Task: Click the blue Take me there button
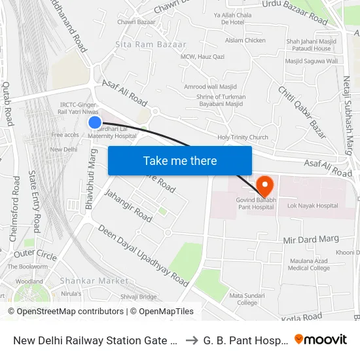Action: pos(180,160)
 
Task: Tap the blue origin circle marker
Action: pos(95,122)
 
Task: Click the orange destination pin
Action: pos(264,185)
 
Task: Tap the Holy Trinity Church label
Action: pos(243,137)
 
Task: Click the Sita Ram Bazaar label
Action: pos(151,45)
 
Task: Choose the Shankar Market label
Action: pos(85,281)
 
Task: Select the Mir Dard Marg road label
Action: pos(311,240)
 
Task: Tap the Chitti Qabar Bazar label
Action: pos(302,112)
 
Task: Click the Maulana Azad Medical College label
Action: pos(309,264)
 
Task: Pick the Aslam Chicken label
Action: pos(245,41)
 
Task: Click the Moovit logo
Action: pos(321,339)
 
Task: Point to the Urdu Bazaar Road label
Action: pos(295,12)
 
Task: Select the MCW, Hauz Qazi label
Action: pos(203,57)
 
